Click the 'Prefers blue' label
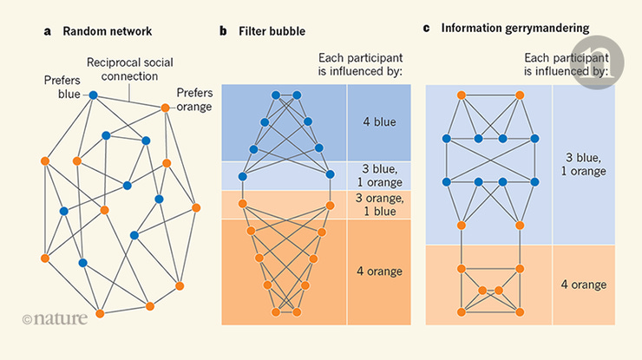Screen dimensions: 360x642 62,87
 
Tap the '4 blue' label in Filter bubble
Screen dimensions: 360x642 378,122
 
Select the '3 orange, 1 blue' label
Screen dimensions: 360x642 378,205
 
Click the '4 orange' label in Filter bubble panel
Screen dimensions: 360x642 378,271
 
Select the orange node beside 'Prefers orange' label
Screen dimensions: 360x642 164,108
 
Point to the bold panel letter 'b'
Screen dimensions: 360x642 223,32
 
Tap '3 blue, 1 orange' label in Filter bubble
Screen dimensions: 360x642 378,175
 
